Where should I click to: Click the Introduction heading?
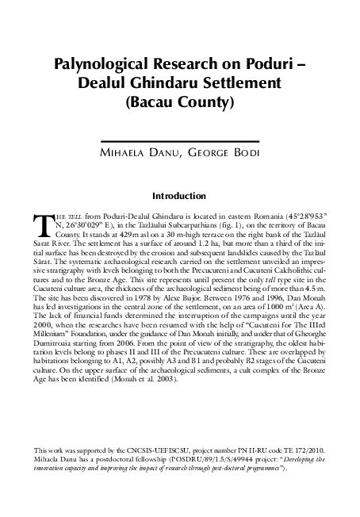coord(180,195)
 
